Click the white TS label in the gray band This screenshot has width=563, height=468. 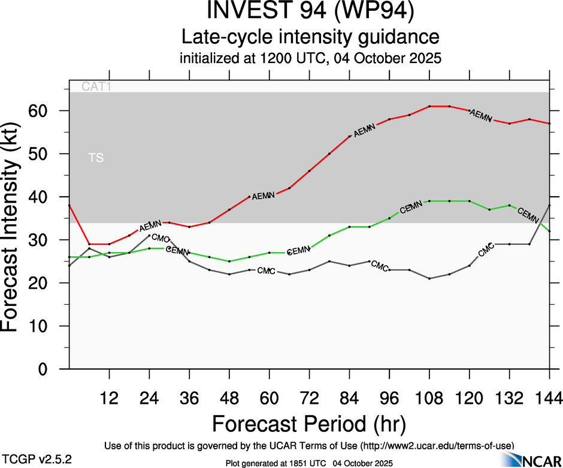tap(96, 158)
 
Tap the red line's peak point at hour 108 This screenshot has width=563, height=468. tap(429, 106)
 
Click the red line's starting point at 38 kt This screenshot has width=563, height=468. tap(69, 205)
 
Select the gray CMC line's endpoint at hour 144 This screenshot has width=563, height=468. tap(549, 205)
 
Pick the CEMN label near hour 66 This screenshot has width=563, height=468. tap(298, 250)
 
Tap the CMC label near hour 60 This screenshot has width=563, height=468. tap(266, 271)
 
